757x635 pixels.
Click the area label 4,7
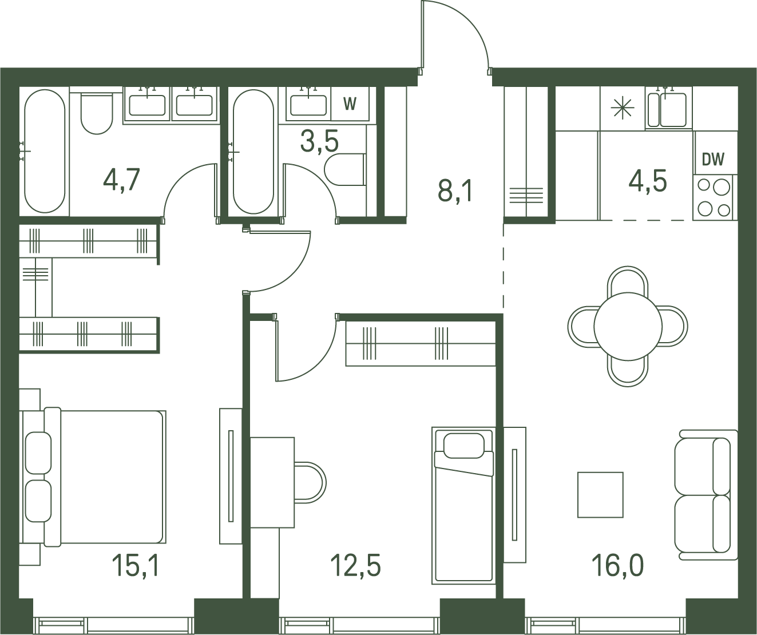point(121,180)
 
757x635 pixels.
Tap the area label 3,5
point(319,142)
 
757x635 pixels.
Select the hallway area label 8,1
point(455,191)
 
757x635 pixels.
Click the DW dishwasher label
point(713,160)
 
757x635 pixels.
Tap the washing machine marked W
point(350,104)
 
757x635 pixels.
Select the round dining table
point(628,327)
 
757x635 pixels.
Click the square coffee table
point(600,495)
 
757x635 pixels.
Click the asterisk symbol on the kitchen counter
point(623,108)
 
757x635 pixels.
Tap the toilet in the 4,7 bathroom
point(97,113)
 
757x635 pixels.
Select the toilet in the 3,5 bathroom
point(345,170)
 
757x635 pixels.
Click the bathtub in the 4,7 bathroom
point(45,151)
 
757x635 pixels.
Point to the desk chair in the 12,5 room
point(310,482)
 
